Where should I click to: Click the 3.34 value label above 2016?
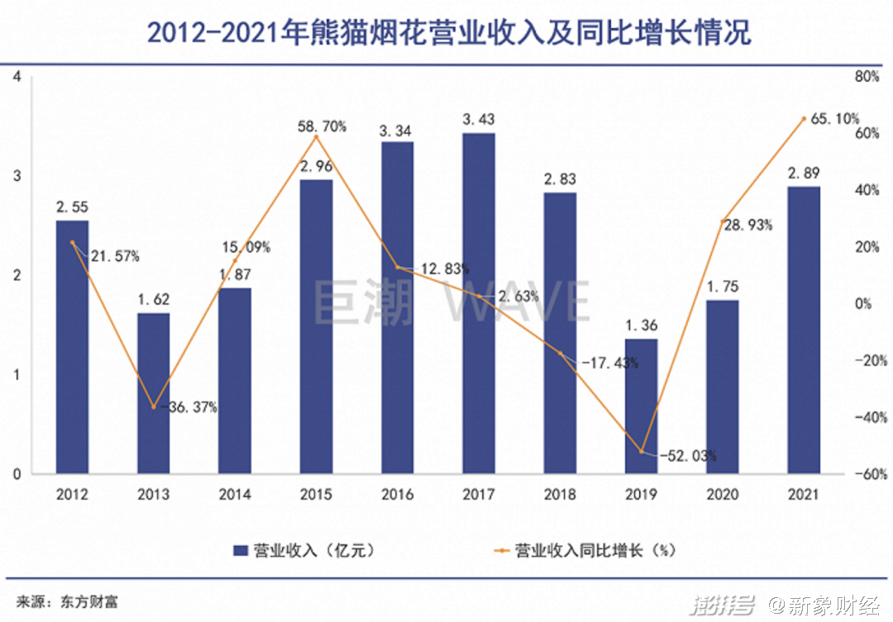pos(397,130)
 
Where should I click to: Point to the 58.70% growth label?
pos(322,127)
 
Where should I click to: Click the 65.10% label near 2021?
pos(835,119)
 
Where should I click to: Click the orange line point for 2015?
pos(316,137)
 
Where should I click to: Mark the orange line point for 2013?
pos(154,406)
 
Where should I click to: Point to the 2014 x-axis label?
pos(235,496)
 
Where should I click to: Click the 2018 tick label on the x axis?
pos(560,496)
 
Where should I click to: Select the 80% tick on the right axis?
pos(864,77)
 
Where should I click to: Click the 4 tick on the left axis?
pos(17,77)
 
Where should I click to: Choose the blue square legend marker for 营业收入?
pos(241,549)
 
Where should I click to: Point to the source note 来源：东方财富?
pos(68,601)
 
